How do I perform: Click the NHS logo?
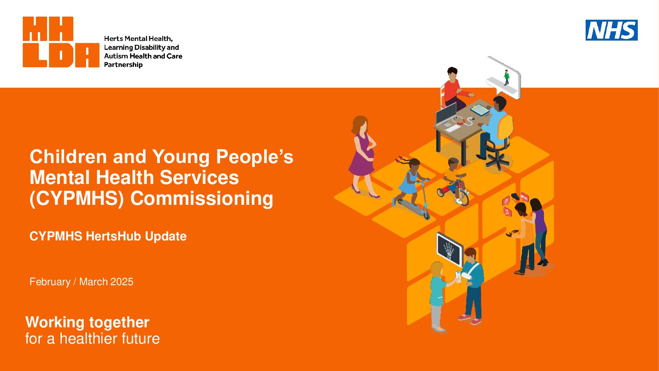[612, 30]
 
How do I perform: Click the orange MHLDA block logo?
[61, 42]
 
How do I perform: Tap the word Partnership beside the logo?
[123, 65]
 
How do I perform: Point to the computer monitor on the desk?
[446, 114]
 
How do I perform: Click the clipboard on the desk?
[480, 110]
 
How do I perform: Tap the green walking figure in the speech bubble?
[507, 77]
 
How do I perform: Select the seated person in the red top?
[454, 89]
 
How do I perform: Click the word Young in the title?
[181, 157]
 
